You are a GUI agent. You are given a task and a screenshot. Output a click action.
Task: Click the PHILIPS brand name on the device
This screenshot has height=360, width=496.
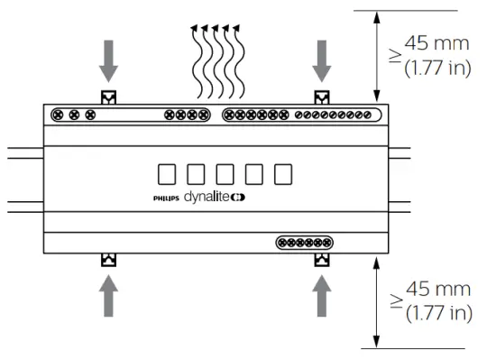pos(166,198)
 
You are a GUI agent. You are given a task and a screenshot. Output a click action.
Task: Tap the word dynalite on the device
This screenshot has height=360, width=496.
pos(207,197)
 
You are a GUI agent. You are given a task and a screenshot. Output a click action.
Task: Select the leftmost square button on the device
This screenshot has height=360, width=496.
pos(167,174)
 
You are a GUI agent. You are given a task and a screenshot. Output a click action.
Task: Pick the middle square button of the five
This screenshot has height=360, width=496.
pos(225,174)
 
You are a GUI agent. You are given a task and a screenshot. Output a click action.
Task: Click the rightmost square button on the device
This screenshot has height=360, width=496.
pos(283,174)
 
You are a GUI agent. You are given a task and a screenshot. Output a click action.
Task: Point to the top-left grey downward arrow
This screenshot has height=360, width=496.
pos(108,61)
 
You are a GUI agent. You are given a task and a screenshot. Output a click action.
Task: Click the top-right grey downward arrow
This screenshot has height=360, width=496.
pos(322,61)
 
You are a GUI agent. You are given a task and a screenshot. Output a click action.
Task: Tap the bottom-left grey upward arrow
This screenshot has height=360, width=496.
pos(108,295)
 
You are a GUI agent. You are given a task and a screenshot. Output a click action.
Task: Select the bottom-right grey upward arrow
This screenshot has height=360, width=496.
pos(322,295)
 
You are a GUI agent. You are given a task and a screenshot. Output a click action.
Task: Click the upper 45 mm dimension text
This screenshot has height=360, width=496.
pos(436,43)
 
